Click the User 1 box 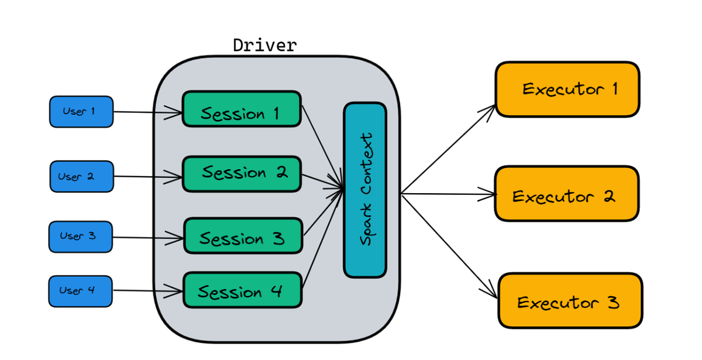coord(81,111)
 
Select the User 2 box coord(81,176)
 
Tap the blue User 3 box coord(81,236)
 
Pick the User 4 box coord(80,291)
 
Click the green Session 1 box coord(242,109)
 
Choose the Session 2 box coord(242,174)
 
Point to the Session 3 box coord(243,236)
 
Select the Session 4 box coord(243,290)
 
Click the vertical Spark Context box coord(365,190)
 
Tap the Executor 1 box coord(567,90)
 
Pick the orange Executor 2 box coord(566,194)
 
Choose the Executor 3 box coord(570,300)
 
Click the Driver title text coord(264,46)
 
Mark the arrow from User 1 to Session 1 coord(146,112)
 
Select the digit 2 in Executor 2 coord(608,196)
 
